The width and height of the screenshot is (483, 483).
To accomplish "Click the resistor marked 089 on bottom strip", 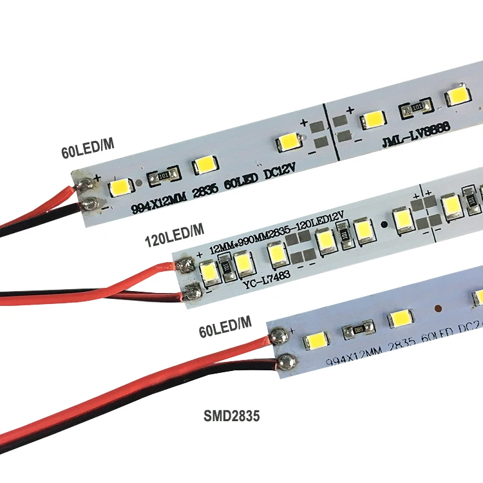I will (x=357, y=330).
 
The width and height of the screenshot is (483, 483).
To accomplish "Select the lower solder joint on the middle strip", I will (x=191, y=293).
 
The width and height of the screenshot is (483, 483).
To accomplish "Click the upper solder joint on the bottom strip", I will (x=279, y=336).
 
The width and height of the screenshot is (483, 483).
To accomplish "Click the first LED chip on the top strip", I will (x=120, y=188).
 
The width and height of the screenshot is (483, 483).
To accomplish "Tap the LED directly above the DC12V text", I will (x=285, y=143).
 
